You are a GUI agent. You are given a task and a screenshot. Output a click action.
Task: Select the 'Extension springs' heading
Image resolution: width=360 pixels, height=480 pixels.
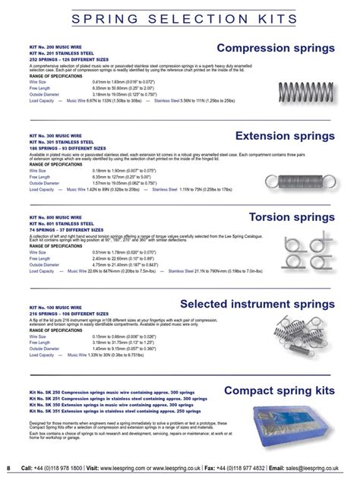pos(284,136)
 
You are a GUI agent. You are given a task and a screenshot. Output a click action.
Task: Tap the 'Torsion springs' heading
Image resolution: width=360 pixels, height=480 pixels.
pos(292,218)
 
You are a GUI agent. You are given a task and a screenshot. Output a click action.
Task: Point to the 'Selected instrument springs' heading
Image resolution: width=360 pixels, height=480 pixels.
pos(257,305)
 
